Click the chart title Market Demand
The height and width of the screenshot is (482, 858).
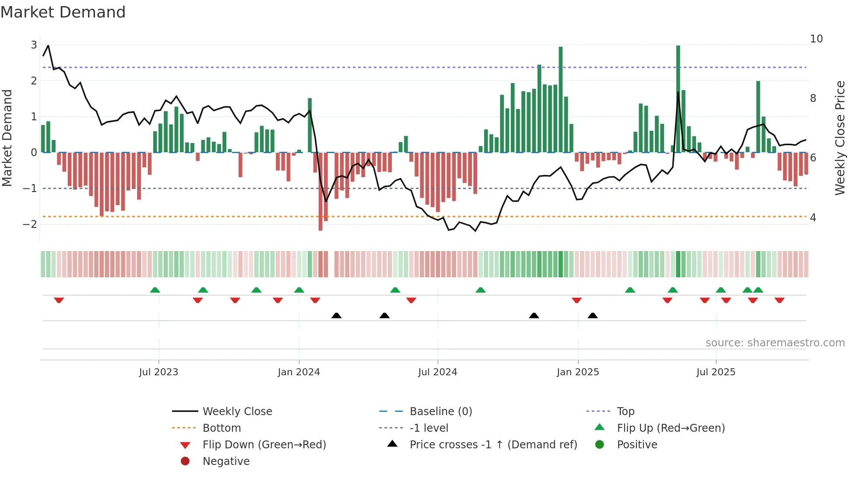pyautogui.click(x=63, y=12)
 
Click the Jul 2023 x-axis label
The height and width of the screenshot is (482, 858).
pyautogui.click(x=158, y=372)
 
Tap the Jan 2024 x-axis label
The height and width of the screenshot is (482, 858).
pyautogui.click(x=299, y=372)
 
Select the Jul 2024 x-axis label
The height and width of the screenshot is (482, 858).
pyautogui.click(x=437, y=372)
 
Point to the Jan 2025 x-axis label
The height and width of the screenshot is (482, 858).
pyautogui.click(x=577, y=372)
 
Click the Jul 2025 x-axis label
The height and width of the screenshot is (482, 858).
pyautogui.click(x=716, y=372)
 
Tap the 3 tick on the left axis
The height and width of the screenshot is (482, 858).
pyautogui.click(x=34, y=45)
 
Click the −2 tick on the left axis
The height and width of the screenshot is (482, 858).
pyautogui.click(x=30, y=224)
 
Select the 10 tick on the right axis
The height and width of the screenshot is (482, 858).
pyautogui.click(x=816, y=39)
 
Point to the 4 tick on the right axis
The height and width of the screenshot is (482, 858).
pyautogui.click(x=813, y=218)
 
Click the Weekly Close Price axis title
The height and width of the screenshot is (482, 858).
pyautogui.click(x=840, y=138)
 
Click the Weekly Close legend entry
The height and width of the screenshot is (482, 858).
pyautogui.click(x=237, y=412)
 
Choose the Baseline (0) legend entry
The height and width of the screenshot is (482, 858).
pyautogui.click(x=440, y=412)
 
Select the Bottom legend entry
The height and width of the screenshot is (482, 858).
pyautogui.click(x=222, y=428)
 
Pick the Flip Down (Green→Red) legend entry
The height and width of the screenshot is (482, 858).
pyautogui.click(x=264, y=445)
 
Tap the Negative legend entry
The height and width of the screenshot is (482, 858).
pyautogui.click(x=226, y=461)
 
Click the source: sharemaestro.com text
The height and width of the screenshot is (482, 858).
pyautogui.click(x=775, y=343)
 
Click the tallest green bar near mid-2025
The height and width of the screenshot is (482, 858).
pyautogui.click(x=678, y=98)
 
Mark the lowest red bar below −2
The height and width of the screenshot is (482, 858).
pyautogui.click(x=320, y=192)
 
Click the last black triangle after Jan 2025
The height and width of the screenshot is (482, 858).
pyautogui.click(x=593, y=315)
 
